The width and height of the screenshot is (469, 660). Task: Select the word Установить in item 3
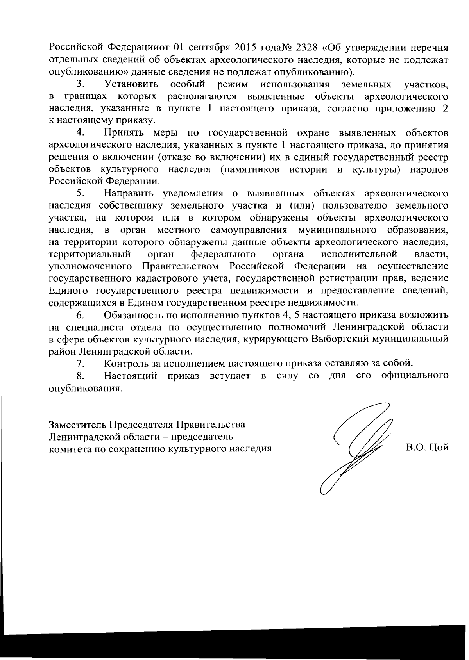(x=131, y=84)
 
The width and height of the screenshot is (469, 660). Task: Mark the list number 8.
(x=81, y=376)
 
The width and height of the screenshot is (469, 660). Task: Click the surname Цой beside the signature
(x=438, y=448)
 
